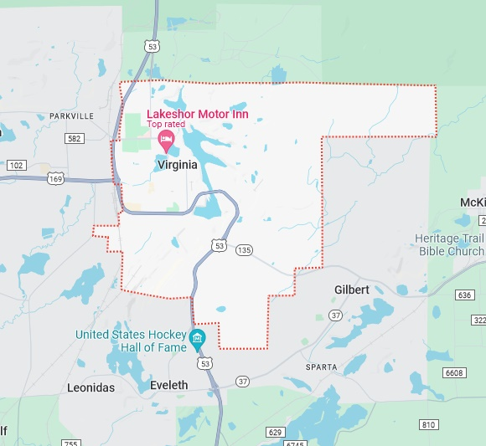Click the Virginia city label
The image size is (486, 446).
click(178, 165)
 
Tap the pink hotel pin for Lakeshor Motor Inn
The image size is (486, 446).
click(166, 140)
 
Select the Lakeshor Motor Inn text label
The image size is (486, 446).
click(197, 114)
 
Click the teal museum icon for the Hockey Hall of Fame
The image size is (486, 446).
click(198, 339)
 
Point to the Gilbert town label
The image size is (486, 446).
click(352, 290)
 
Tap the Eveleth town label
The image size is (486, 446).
click(169, 385)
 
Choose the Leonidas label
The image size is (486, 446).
click(90, 387)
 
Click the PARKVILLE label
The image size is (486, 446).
click(72, 115)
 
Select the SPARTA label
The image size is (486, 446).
click(322, 367)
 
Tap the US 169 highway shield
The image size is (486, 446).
click(56, 178)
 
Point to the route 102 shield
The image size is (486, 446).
click(15, 166)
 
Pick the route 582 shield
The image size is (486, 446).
click(75, 138)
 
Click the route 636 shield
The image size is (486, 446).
click(466, 295)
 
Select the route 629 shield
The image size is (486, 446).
click(276, 432)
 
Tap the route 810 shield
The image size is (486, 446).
click(429, 425)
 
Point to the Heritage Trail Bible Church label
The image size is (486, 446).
click(450, 245)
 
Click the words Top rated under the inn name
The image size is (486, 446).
click(165, 125)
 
